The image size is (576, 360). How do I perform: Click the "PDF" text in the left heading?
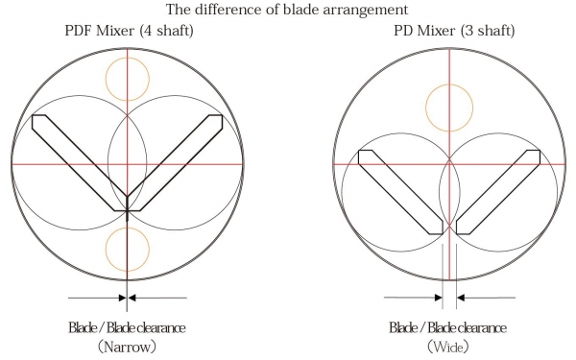pyautogui.click(x=79, y=30)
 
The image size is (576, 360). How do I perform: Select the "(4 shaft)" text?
pyautogui.click(x=166, y=31)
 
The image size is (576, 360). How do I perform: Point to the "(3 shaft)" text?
pyautogui.click(x=488, y=31)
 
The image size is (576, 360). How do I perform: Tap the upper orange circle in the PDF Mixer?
pyautogui.click(x=128, y=58)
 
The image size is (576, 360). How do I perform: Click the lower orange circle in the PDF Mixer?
pyautogui.click(x=128, y=228)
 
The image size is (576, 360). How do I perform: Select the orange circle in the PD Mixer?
pyautogui.click(x=449, y=84)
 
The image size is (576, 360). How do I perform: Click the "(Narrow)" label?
pyautogui.click(x=127, y=347)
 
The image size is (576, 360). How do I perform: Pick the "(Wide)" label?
pyautogui.click(x=448, y=347)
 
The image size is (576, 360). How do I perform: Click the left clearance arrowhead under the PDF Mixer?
pyautogui.click(x=122, y=298)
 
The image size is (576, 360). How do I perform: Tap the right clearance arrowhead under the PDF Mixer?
pyautogui.click(x=132, y=298)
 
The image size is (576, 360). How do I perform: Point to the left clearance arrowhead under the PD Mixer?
pyautogui.click(x=439, y=298)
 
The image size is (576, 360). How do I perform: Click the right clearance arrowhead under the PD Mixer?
pyautogui.click(x=460, y=298)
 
